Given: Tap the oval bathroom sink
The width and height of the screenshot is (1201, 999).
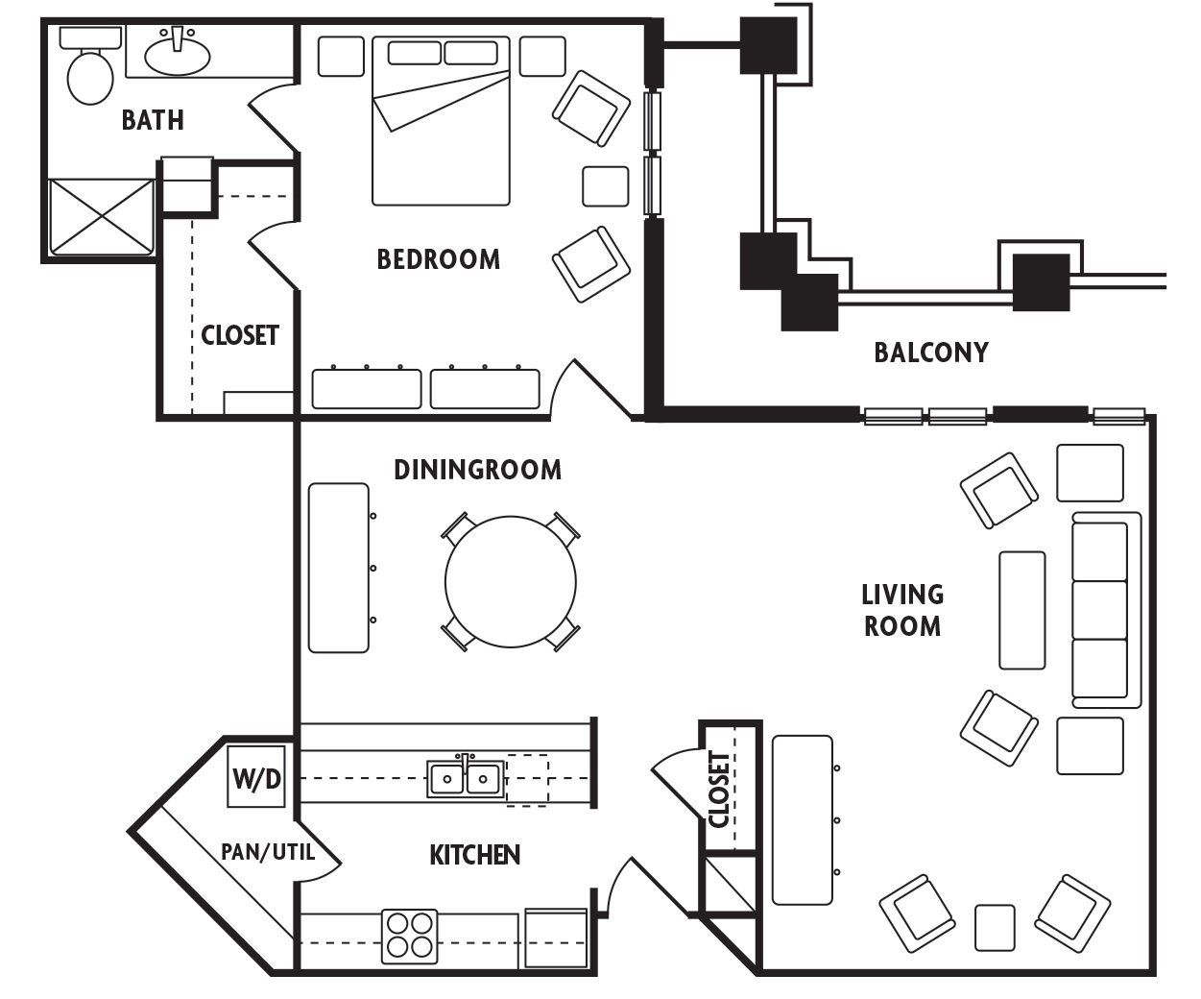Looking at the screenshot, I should click(178, 54).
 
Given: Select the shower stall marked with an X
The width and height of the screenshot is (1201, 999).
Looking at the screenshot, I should click(101, 217).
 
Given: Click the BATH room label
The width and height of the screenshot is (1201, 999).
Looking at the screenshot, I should click(153, 120).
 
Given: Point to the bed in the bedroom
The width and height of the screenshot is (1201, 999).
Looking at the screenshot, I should click(441, 123).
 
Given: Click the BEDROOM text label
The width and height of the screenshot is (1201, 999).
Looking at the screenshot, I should click(438, 259).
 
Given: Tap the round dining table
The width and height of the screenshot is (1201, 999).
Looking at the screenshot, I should click(511, 581).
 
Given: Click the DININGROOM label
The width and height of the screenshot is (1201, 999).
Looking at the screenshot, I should click(477, 470).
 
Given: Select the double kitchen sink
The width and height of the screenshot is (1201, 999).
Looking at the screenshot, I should click(466, 777).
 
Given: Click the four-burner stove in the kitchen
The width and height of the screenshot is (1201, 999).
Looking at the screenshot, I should click(409, 936).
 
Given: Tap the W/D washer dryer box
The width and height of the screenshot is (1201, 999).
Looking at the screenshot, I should click(256, 778).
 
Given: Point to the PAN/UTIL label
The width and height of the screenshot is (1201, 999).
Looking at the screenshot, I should click(268, 852).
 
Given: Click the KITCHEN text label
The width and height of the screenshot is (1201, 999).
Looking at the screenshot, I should click(474, 855).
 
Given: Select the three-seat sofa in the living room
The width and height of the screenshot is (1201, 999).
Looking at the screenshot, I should click(1102, 609).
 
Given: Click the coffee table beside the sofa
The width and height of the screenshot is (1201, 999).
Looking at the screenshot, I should click(1021, 610).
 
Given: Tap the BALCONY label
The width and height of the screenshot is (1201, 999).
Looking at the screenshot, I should click(930, 353).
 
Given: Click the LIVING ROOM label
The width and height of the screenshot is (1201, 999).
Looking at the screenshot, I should click(901, 610).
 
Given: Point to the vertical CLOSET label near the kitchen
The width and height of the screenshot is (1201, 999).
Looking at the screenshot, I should click(719, 790).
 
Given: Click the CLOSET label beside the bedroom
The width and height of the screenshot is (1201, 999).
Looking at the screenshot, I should click(239, 335).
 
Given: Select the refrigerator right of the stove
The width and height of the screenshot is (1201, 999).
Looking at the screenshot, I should click(556, 938).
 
